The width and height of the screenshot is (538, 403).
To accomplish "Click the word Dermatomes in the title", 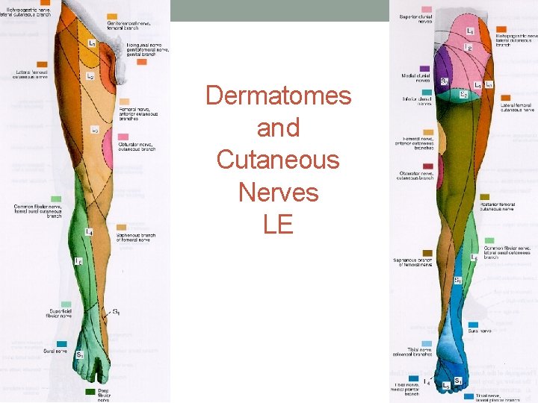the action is pos(278,96).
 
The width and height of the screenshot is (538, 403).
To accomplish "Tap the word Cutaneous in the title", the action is pos(278,160).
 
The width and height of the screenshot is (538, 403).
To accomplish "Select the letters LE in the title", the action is pos(278,224).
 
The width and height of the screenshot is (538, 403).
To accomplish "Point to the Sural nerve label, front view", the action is pos(55,351).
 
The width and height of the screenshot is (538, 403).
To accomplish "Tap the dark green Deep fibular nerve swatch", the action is pos(90,391).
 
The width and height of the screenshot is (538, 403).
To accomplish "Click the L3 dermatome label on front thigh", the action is pos(95,130).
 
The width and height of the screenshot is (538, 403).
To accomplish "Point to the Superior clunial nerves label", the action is pos(416,19).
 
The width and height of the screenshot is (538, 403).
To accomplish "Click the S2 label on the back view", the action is pos(463,94).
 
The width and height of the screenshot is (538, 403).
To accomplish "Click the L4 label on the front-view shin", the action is pos(88,233).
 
